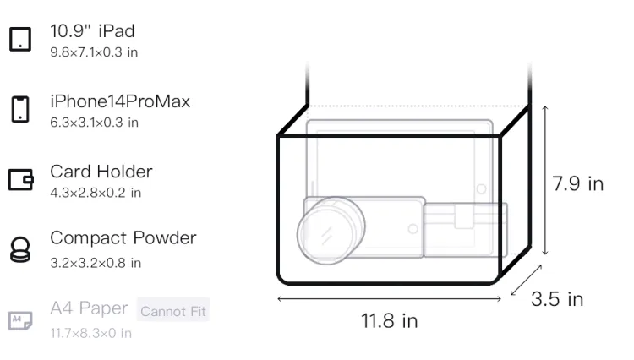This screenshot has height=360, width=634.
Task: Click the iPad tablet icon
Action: point(20,39)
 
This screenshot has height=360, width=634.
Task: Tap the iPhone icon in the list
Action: point(20,109)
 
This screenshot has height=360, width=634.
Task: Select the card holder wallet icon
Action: point(20,179)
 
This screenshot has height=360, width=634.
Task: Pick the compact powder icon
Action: point(20,249)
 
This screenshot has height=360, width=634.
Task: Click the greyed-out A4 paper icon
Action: point(20,320)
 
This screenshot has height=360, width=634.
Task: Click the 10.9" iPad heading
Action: point(92,31)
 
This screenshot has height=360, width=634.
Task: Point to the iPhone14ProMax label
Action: point(120,101)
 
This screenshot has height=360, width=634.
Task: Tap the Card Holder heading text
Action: point(101,172)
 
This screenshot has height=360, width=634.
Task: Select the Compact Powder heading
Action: point(123,238)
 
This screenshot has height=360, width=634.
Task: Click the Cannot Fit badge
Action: point(173,311)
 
